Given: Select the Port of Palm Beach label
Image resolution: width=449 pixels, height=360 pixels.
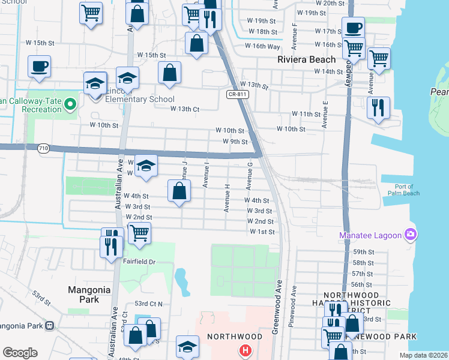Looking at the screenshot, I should pyautogui.click(x=399, y=189).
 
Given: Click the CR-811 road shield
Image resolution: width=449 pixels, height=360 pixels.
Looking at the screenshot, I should pyautogui.click(x=237, y=94).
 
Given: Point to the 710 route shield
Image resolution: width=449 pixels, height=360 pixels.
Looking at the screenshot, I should pyautogui.click(x=43, y=148).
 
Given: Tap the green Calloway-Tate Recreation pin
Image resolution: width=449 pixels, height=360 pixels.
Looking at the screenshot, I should pyautogui.click(x=70, y=105).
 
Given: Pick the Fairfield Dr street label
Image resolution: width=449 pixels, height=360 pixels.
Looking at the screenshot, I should pyautogui.click(x=139, y=262).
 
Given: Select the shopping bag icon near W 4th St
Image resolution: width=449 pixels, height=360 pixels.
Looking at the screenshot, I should pyautogui.click(x=179, y=191).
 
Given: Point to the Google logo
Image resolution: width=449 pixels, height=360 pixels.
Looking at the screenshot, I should pyautogui.click(x=20, y=352).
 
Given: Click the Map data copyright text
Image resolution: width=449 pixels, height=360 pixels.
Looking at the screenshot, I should pyautogui.click(x=423, y=355).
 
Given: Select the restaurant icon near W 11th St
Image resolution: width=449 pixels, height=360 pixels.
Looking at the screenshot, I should pyautogui.click(x=378, y=108).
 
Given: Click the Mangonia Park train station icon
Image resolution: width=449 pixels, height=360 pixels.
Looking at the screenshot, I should pyautogui.click(x=49, y=326).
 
